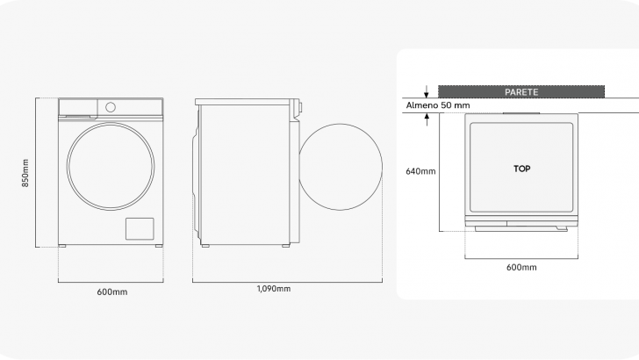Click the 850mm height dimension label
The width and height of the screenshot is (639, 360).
click(x=25, y=173)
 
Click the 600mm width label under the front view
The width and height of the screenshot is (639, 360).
click(x=112, y=292)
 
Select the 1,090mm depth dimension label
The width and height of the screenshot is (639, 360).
click(x=274, y=289)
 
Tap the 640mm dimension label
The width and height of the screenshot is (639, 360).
click(x=420, y=171)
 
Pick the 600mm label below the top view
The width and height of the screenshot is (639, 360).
click(x=521, y=268)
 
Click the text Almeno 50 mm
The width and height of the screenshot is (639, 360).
click(x=438, y=105)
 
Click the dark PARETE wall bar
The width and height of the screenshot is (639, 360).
click(x=521, y=91)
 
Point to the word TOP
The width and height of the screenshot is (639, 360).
click(x=522, y=169)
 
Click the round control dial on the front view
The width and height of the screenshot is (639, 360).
click(x=111, y=108)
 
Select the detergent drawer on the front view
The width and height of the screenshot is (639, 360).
click(x=78, y=108)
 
